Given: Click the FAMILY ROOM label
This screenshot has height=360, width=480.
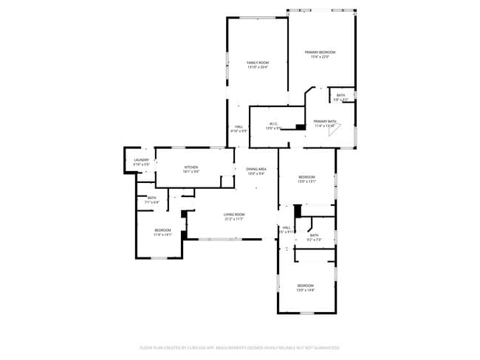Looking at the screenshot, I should [257, 63].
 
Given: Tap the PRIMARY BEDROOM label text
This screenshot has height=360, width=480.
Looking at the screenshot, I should [320, 52].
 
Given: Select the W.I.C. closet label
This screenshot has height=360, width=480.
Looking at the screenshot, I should [272, 123].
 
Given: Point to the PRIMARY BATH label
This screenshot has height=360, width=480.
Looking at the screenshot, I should [325, 121].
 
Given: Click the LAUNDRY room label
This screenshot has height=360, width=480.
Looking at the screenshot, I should [142, 159].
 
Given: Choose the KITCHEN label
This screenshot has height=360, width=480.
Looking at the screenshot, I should [191, 167].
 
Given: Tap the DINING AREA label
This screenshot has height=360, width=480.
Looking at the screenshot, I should [256, 169].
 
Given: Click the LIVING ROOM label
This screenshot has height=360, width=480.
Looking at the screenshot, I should [234, 214].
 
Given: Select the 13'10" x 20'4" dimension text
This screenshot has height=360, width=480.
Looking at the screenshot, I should [257, 68].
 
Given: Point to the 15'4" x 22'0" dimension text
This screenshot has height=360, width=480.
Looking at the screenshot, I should [320, 57].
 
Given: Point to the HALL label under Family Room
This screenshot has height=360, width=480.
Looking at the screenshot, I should [239, 126].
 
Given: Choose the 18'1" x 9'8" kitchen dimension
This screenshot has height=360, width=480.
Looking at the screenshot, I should [191, 172].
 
